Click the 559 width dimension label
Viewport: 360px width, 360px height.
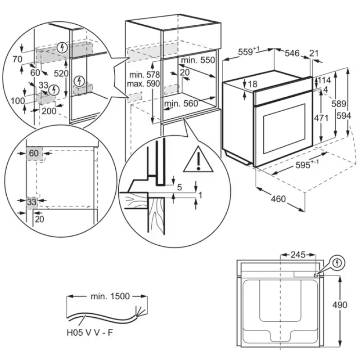[246, 52]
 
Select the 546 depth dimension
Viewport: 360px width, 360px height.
[292, 53]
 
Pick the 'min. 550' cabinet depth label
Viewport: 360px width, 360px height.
[198, 60]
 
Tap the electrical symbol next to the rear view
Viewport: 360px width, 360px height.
[337, 262]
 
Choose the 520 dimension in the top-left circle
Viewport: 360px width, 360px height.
[61, 73]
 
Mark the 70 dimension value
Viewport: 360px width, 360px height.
[18, 58]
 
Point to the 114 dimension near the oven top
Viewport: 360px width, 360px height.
[324, 80]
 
